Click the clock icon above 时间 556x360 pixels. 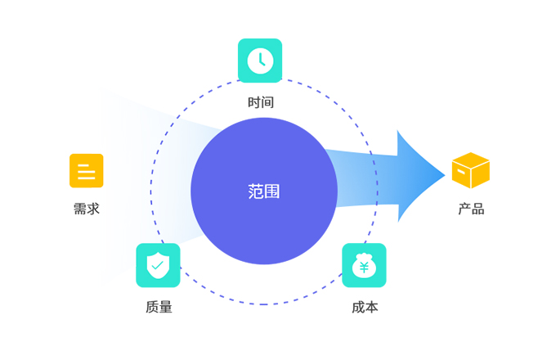[x=260, y=61]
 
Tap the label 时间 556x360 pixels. [x=261, y=102]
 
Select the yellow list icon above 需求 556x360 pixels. [x=87, y=171]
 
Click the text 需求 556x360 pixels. [x=87, y=209]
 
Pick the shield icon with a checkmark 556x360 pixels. [x=158, y=265]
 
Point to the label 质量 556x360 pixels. [x=159, y=307]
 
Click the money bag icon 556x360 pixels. [x=364, y=265]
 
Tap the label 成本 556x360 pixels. [x=365, y=307]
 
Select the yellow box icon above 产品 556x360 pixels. [x=471, y=170]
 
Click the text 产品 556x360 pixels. [x=471, y=209]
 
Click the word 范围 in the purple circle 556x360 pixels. [x=264, y=191]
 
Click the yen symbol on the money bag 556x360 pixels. [x=364, y=268]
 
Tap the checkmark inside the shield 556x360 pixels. [x=158, y=265]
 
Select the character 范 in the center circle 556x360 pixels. [x=256, y=191]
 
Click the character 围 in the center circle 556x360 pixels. [x=272, y=191]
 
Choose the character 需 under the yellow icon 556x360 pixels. [x=80, y=209]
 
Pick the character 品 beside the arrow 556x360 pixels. [x=478, y=209]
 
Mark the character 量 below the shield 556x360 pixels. [x=166, y=307]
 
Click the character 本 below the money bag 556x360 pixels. [x=372, y=307]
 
